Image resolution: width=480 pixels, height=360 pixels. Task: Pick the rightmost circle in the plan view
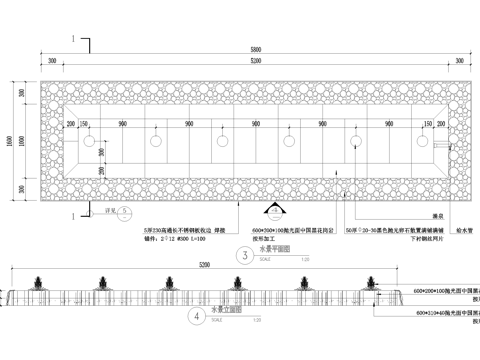pos(421,140)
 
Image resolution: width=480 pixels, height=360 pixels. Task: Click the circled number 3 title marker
pos(242,255)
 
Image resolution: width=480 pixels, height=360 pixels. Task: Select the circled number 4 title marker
pos(195,318)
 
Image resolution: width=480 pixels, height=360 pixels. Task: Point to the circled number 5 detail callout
pos(124,212)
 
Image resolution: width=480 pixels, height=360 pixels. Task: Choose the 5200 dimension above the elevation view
pos(204,266)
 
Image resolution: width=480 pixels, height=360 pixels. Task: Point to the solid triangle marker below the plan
pos(272,211)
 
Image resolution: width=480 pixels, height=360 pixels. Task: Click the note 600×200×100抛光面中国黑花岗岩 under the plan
pos(290,229)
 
